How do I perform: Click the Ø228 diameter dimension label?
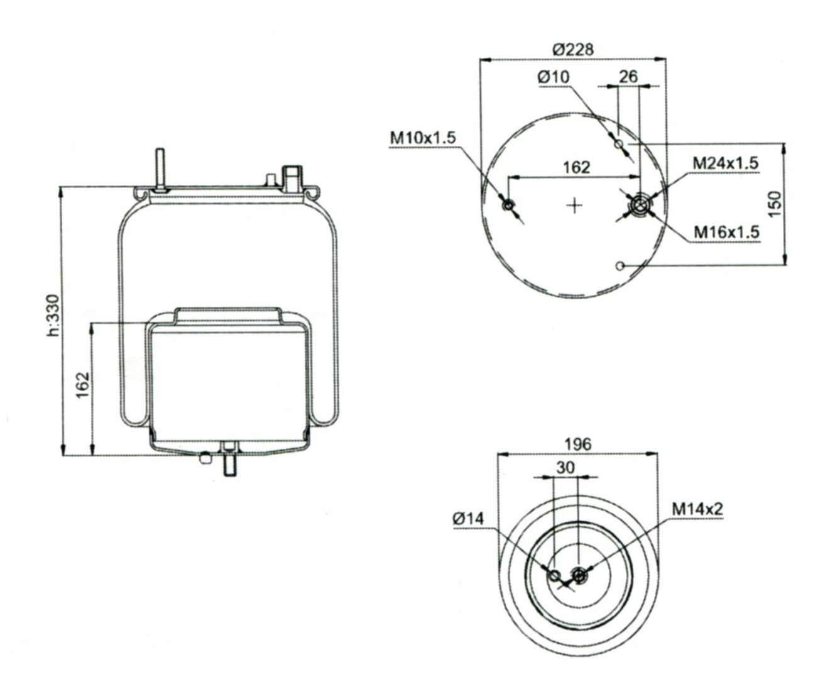(573, 50)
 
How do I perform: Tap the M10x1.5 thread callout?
(423, 138)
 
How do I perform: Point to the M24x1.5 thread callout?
(725, 163)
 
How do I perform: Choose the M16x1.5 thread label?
(726, 232)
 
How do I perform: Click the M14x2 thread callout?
(697, 509)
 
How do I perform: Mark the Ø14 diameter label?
(468, 518)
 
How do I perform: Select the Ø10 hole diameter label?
(554, 77)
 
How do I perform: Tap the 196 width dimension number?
(578, 444)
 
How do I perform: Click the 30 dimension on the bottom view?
(565, 468)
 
